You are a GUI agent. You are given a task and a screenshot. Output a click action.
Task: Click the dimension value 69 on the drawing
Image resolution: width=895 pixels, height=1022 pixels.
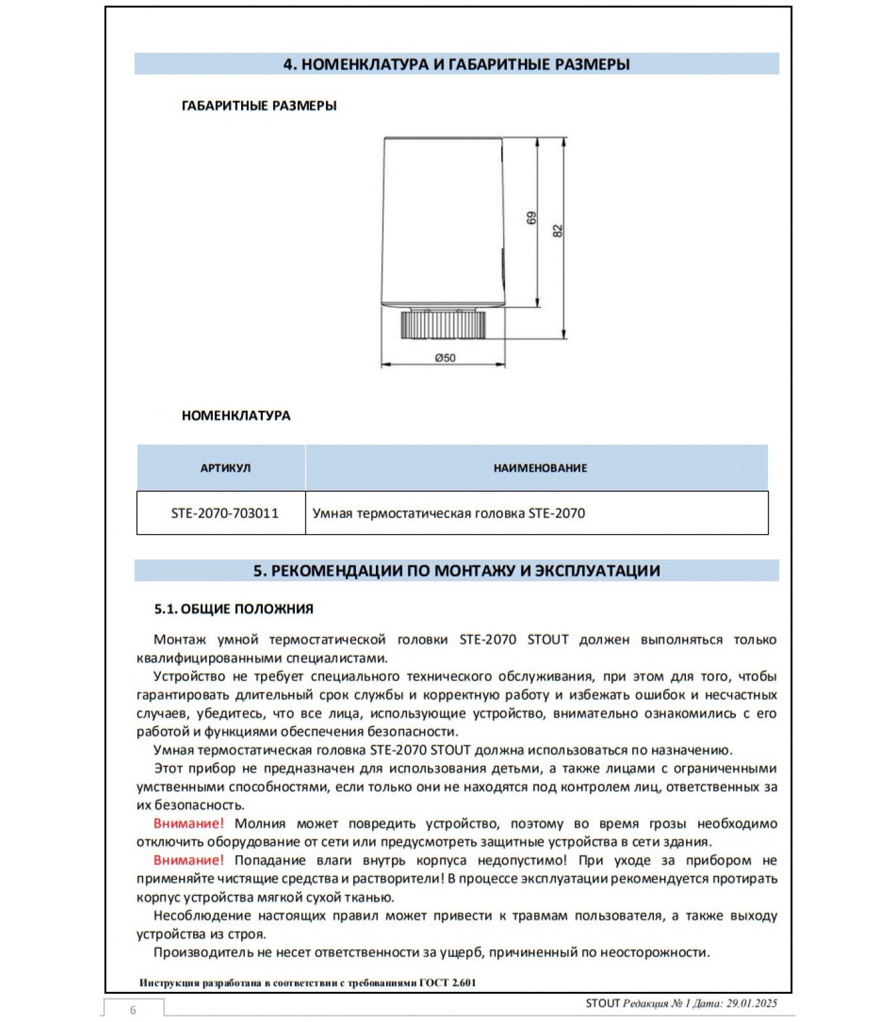pos(531,218)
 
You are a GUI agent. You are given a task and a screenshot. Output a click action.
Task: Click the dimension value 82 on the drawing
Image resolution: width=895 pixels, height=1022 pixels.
pos(557,231)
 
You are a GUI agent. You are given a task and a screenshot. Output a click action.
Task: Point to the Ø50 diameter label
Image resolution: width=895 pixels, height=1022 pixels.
pos(445,358)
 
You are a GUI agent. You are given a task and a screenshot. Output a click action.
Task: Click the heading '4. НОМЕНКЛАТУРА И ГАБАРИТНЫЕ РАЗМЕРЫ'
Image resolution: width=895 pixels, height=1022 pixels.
pos(456,64)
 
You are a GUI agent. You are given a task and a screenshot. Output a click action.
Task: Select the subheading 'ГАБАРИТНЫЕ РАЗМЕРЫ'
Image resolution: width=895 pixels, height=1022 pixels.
pos(259,106)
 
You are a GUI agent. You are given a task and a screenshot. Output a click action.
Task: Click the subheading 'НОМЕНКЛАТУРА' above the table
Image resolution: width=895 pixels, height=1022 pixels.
pos(236,416)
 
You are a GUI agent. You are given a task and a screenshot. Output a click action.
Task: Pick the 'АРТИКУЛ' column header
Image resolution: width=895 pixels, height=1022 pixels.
pos(225,468)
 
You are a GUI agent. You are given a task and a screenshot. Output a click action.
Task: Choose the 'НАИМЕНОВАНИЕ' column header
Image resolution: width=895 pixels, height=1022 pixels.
pos(540,468)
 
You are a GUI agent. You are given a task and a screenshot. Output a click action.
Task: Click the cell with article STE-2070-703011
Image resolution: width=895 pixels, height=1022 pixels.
pos(224,514)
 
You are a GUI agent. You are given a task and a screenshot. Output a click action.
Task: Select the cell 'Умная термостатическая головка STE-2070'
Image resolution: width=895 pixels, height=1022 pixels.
pos(448,514)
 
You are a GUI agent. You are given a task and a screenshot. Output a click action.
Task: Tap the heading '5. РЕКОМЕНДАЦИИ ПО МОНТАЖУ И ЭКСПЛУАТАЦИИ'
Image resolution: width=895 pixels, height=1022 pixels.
pos(456,570)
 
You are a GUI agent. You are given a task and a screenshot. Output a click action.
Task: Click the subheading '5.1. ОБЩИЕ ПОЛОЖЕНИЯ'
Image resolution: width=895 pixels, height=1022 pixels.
pos(234,609)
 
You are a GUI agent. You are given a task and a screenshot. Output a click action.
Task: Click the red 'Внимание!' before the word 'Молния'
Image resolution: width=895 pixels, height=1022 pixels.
pos(189,824)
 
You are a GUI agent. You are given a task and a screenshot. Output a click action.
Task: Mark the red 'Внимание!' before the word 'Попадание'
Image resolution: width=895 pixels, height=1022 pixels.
pos(189,860)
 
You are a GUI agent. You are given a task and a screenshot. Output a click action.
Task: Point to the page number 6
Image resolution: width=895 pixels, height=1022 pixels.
pos(133,1010)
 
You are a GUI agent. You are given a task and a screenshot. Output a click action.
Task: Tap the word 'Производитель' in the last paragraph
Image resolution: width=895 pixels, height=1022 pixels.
pos(203,952)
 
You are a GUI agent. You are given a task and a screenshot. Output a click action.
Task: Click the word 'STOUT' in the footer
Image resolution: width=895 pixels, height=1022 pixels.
pos(602,1003)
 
